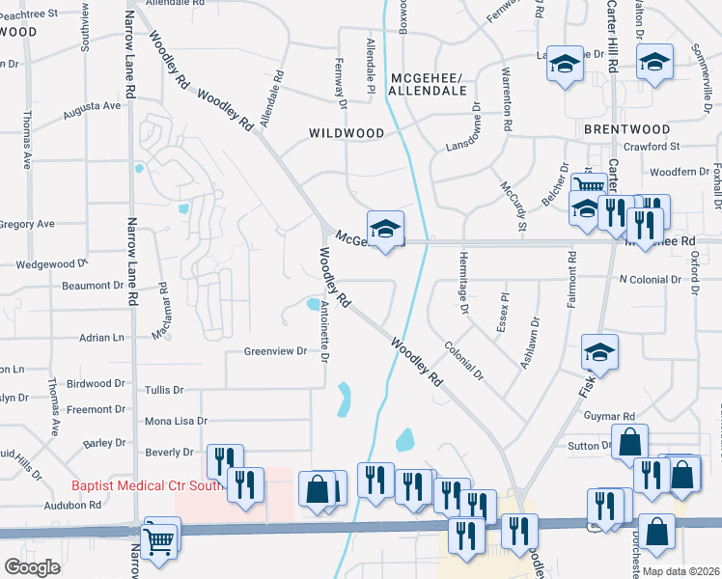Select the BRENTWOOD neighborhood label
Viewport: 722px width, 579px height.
(x=625, y=128)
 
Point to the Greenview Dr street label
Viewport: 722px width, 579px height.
(x=274, y=351)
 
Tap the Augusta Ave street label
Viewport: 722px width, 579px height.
(x=92, y=112)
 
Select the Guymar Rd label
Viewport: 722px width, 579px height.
(x=608, y=416)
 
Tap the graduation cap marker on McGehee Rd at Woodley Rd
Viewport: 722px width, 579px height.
(x=385, y=230)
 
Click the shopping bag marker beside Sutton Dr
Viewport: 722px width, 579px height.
(x=629, y=444)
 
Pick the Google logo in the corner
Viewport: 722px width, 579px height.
(x=32, y=566)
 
